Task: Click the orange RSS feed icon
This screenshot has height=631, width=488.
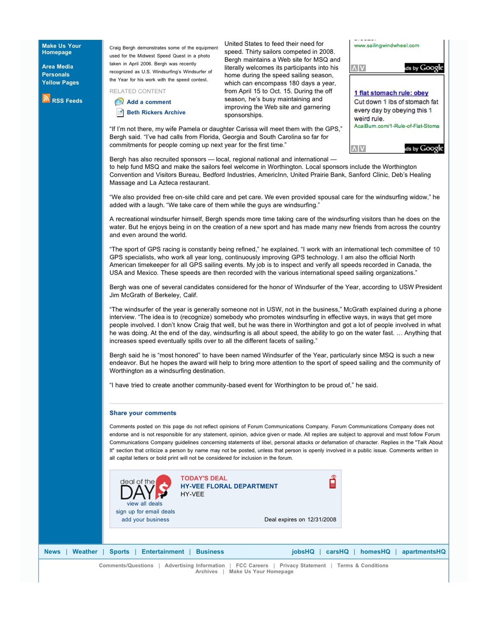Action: click(x=46, y=99)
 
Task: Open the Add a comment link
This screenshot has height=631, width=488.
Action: click(x=149, y=102)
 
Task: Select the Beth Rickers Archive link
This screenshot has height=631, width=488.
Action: click(x=156, y=113)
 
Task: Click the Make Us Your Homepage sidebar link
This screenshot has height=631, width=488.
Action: click(x=61, y=49)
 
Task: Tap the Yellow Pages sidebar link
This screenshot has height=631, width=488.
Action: click(x=60, y=83)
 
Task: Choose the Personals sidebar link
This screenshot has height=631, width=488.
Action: click(x=56, y=75)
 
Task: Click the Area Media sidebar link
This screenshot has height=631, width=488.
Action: click(x=58, y=67)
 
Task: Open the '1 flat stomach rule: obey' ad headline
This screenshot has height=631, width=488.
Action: click(x=391, y=93)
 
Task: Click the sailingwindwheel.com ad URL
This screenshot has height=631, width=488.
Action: click(x=386, y=46)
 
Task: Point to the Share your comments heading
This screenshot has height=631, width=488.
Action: click(x=143, y=413)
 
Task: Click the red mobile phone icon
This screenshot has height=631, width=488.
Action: click(x=333, y=482)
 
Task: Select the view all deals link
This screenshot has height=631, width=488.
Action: click(x=144, y=504)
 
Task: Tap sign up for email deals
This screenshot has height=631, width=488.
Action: click(x=145, y=512)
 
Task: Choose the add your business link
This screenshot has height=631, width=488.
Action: click(x=145, y=520)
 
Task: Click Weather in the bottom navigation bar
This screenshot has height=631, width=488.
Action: click(x=85, y=552)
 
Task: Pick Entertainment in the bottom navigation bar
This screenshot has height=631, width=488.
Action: click(x=163, y=552)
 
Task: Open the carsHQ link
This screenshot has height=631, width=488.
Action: click(x=337, y=552)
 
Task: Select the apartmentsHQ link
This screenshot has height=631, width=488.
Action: click(x=423, y=552)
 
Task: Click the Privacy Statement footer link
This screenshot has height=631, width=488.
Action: click(x=303, y=566)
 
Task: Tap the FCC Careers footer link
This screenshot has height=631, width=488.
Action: click(x=252, y=566)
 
